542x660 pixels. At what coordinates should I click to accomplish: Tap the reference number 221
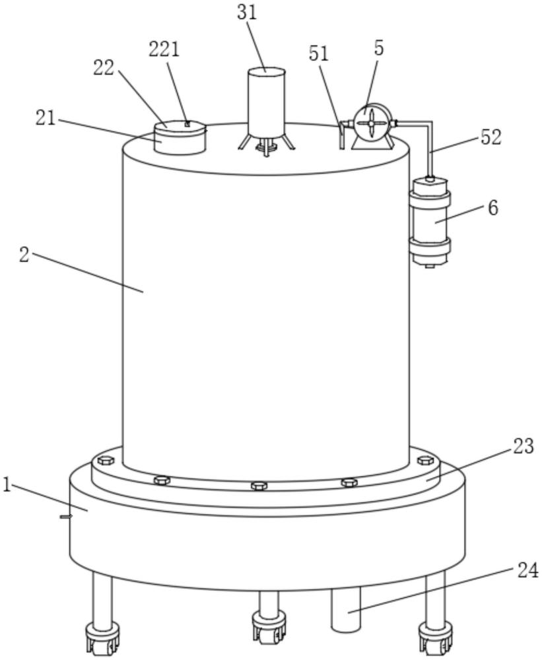[x=163, y=49]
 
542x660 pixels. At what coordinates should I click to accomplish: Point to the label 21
[x=46, y=118]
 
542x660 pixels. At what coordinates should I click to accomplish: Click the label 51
[x=319, y=54]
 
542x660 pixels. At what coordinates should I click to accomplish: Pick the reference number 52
[x=491, y=137]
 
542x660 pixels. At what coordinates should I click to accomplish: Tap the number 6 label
[x=492, y=208]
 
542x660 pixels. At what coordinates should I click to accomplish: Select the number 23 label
[x=523, y=446]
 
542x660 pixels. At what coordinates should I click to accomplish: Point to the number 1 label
[x=7, y=486]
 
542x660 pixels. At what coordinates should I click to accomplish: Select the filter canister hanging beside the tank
[x=430, y=222]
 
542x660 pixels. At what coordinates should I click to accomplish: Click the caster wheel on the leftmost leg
[x=101, y=640]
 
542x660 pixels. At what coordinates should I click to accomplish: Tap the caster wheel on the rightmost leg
[x=435, y=637]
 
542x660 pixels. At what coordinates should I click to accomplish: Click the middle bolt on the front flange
[x=259, y=486]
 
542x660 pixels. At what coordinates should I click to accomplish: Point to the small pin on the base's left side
[x=65, y=516]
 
